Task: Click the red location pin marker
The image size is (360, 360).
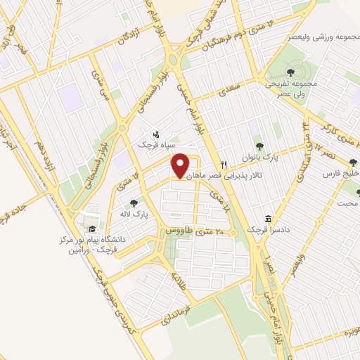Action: click(181, 165)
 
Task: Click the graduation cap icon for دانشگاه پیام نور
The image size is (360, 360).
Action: click(90, 229)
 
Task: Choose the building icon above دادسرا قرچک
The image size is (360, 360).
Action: click(267, 219)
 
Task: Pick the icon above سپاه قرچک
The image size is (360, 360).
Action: click(156, 132)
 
